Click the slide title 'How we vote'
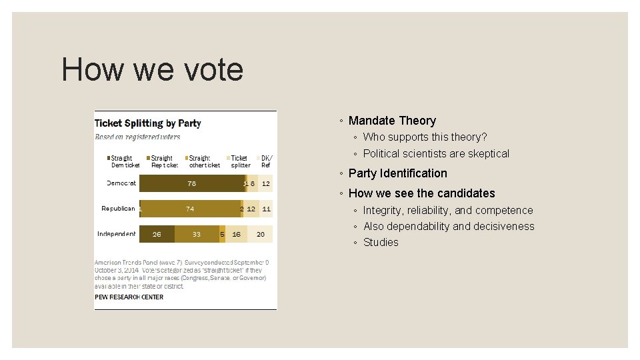click(x=152, y=70)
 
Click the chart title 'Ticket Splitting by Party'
click(x=148, y=123)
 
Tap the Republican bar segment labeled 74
click(x=191, y=209)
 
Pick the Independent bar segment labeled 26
click(x=157, y=234)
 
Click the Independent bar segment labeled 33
click(x=197, y=234)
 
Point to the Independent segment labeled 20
click(x=261, y=234)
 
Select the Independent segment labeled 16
click(x=237, y=234)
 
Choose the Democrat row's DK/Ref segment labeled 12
click(x=265, y=183)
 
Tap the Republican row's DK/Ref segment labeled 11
click(x=266, y=209)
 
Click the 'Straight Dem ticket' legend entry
click(x=125, y=161)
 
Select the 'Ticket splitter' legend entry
click(x=240, y=161)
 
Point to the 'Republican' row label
click(x=118, y=209)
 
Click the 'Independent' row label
click(x=117, y=234)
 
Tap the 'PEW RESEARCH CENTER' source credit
click(x=129, y=297)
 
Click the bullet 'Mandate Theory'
click(x=392, y=121)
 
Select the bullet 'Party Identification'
click(x=397, y=173)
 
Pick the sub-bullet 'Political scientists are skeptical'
click(x=436, y=153)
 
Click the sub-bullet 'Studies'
click(x=381, y=242)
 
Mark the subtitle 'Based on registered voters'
click(x=137, y=137)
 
